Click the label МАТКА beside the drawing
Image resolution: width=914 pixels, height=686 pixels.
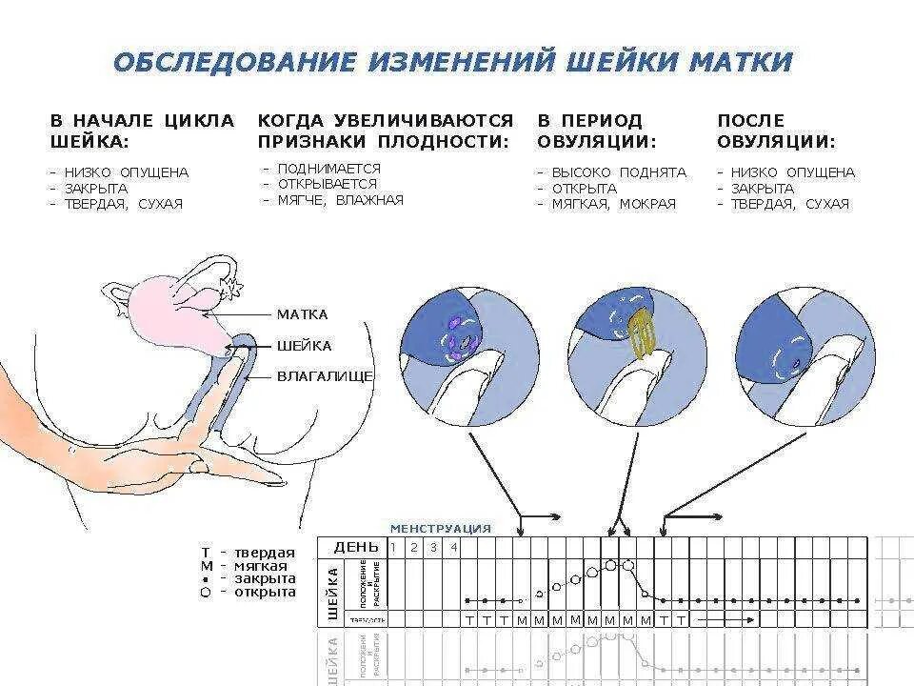[302, 314]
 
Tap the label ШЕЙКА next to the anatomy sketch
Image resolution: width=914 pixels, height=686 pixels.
[304, 346]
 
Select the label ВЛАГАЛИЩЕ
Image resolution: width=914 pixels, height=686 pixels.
[325, 376]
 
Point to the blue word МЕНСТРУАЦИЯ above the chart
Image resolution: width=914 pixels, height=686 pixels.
[441, 529]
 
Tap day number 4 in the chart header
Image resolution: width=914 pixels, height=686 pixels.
[453, 547]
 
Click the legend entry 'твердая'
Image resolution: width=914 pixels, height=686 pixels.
[265, 553]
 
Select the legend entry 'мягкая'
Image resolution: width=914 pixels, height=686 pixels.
[261, 566]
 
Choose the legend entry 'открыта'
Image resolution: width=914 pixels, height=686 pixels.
[265, 592]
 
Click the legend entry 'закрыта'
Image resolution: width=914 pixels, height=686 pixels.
[265, 578]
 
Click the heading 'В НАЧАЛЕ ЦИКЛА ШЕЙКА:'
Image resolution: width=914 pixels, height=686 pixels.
[141, 131]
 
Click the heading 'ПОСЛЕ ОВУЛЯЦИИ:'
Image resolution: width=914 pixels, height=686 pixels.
[776, 131]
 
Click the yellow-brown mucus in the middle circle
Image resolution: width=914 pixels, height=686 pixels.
[641, 333]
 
